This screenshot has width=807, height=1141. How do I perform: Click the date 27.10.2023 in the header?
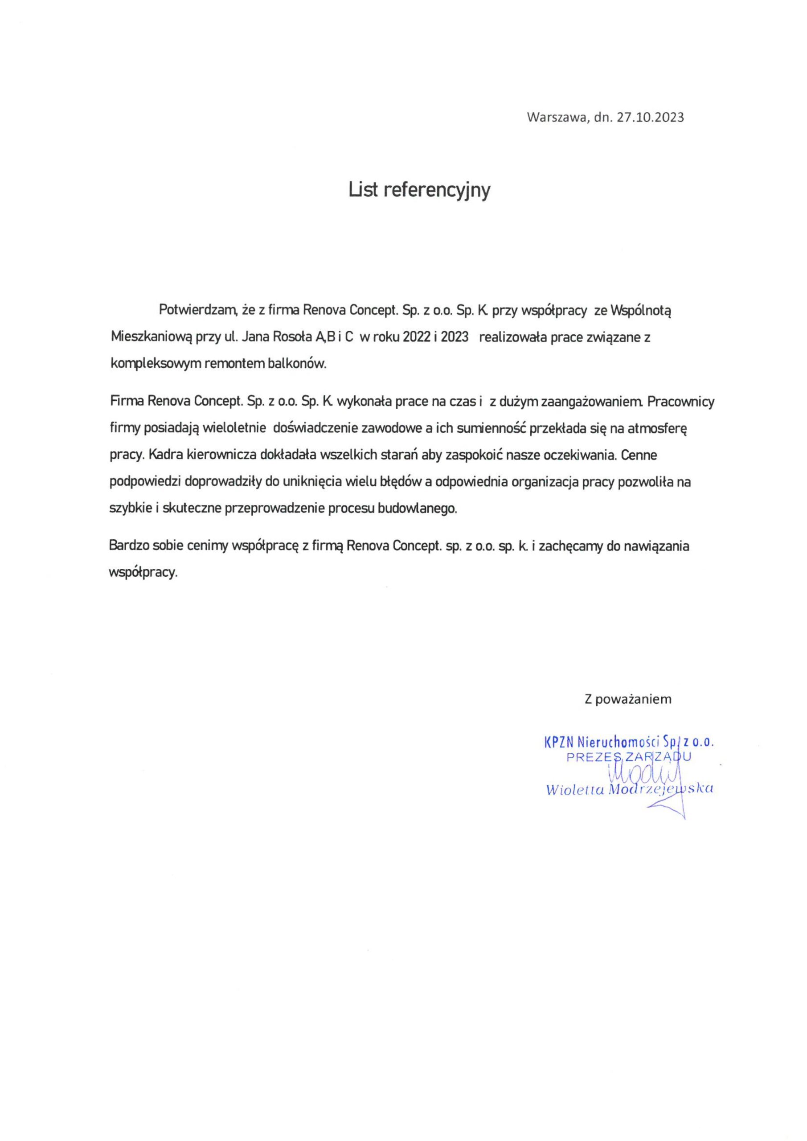pos(651,117)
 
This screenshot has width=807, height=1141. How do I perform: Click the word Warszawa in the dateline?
pos(558,117)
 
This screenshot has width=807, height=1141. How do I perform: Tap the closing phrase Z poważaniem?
pos(628,699)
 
